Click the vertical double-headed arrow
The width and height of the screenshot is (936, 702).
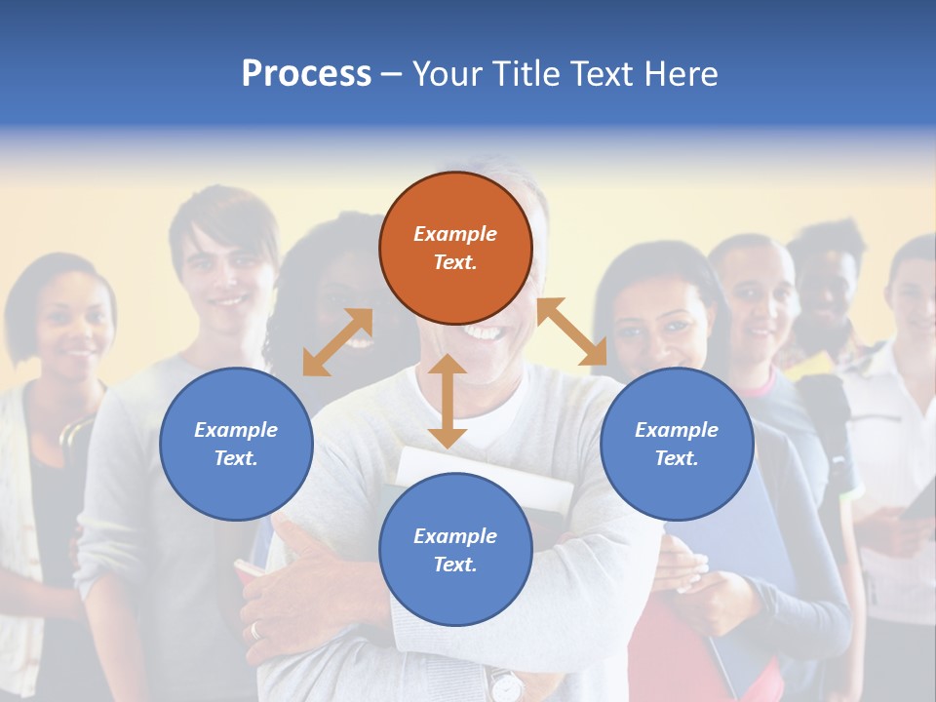(448, 401)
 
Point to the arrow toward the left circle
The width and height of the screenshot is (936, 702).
(337, 342)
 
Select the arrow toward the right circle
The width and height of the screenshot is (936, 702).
(572, 331)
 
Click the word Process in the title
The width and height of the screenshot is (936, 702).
(306, 74)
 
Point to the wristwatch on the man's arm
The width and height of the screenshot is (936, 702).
(505, 685)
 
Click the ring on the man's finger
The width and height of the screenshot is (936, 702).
(256, 630)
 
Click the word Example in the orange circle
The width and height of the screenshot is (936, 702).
(455, 234)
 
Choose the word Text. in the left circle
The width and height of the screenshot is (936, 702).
(236, 458)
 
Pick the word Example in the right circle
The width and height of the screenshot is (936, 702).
(677, 430)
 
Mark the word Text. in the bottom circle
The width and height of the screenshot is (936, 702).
(455, 565)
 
